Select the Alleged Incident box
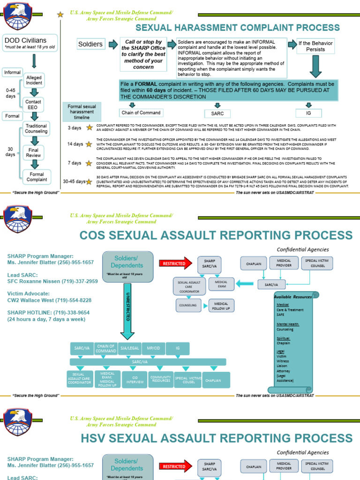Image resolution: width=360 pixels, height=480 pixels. [x=34, y=80]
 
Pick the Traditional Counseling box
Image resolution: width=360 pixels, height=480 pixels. [x=36, y=128]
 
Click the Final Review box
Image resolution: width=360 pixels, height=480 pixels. [x=34, y=152]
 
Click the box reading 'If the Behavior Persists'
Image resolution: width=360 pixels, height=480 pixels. [x=315, y=46]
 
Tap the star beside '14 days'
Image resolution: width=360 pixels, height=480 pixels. [x=89, y=144]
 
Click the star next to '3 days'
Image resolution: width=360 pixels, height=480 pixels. [x=89, y=127]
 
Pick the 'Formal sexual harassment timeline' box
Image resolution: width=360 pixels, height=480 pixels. [x=82, y=112]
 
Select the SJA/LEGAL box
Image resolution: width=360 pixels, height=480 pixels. [x=130, y=349]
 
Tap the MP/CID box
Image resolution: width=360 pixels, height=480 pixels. [x=153, y=349]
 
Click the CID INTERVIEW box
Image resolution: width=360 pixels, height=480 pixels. [x=135, y=380]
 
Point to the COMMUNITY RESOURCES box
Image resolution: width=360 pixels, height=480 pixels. [x=161, y=379]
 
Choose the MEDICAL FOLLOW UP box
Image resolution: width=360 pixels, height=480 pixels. [x=221, y=305]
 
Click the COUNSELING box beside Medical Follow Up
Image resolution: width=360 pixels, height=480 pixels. [x=187, y=305]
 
